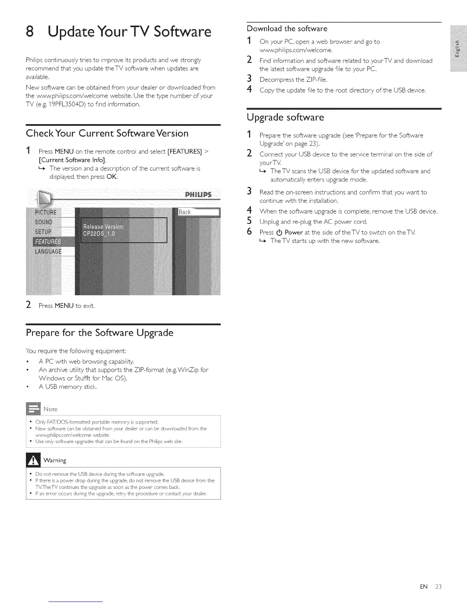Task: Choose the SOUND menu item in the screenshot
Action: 43,222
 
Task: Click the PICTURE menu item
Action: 46,212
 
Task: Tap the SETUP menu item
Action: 43,232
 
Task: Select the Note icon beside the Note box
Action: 33,409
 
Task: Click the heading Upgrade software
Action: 285,117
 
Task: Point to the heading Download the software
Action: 287,29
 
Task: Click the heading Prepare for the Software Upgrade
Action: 100,333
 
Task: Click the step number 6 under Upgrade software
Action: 249,232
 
